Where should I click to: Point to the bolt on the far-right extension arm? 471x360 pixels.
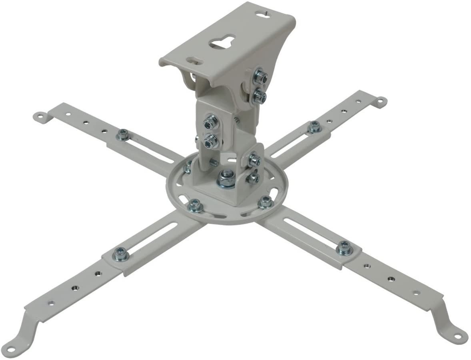[314, 127]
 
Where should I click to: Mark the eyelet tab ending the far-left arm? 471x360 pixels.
[39, 116]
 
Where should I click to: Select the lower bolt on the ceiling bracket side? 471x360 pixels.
[260, 96]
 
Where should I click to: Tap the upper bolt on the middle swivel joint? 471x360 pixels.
[211, 122]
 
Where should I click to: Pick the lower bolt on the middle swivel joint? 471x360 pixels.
[211, 141]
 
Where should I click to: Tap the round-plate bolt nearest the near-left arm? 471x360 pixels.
[195, 205]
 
